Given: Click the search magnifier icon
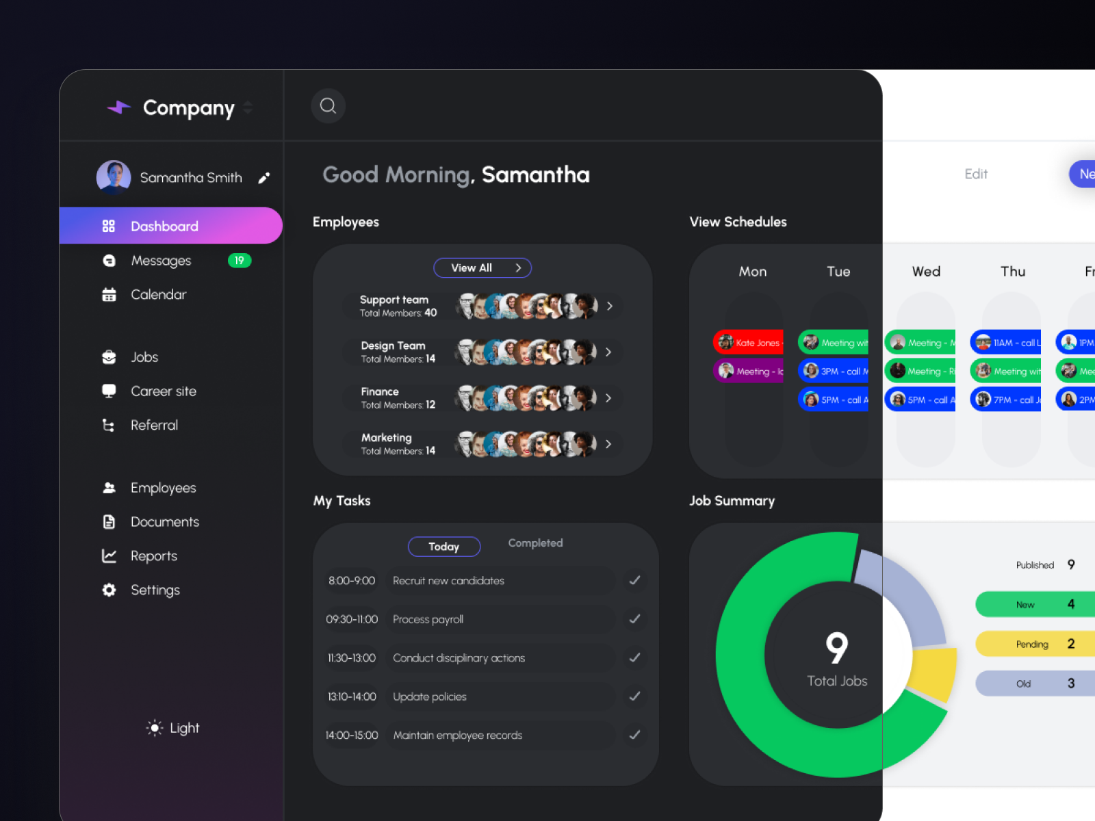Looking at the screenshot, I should (328, 106).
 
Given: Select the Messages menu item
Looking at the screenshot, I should (161, 261).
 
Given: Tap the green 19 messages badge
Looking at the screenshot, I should (240, 261).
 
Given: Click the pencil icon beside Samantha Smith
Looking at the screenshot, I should (264, 178).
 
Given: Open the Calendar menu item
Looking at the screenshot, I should (158, 295).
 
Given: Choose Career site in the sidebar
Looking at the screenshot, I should (163, 391).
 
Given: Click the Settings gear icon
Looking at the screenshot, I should (109, 590).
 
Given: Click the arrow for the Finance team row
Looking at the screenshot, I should (608, 398).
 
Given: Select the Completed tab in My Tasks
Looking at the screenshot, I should (535, 543).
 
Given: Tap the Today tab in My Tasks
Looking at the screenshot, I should (443, 547).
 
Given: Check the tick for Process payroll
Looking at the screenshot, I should (634, 619).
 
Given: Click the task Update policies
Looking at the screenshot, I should (430, 696).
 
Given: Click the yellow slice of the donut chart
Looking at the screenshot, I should (935, 673).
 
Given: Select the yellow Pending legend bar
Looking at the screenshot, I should (1033, 644).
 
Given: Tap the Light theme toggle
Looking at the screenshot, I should (172, 728).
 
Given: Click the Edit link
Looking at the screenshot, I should (975, 174).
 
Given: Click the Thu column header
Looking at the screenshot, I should (1013, 272).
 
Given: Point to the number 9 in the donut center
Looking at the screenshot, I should (836, 647).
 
